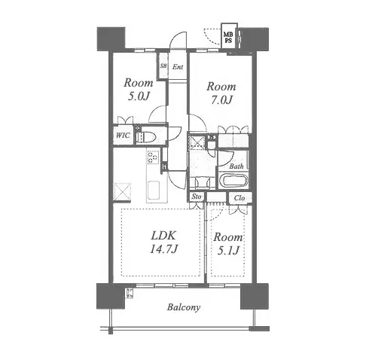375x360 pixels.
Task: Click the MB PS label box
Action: (x=229, y=36)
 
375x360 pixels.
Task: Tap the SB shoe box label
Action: (x=163, y=66)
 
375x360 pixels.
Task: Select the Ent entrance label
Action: (x=178, y=67)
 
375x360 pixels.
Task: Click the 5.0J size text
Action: (x=139, y=96)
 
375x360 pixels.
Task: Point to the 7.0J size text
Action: (x=221, y=100)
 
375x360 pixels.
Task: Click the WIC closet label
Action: (x=123, y=136)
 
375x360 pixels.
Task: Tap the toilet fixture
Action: (x=145, y=137)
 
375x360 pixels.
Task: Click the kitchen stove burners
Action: (x=152, y=157)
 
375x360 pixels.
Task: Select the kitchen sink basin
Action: (x=154, y=189)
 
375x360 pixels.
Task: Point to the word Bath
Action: (x=236, y=166)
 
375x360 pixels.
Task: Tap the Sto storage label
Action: (x=197, y=197)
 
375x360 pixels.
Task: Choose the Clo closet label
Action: (x=239, y=198)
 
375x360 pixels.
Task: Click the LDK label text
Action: (x=163, y=236)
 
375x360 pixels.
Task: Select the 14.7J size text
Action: (x=164, y=249)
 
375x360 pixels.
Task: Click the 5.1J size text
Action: (x=228, y=251)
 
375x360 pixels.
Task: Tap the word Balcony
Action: (x=184, y=307)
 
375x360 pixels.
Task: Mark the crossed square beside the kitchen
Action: (x=122, y=192)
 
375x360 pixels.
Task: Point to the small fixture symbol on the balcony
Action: (x=130, y=293)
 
